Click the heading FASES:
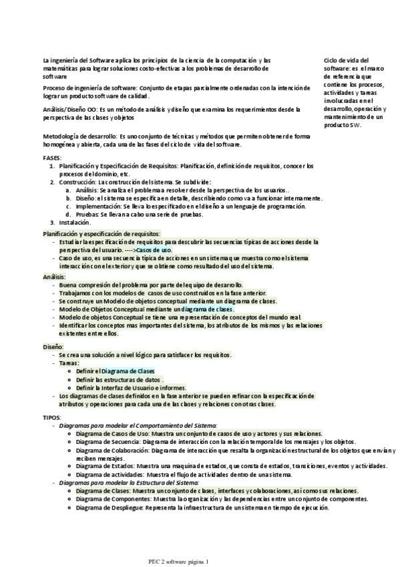[x=51, y=157]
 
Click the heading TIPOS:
[x=51, y=417]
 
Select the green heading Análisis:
[x=54, y=276]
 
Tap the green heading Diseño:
[x=53, y=347]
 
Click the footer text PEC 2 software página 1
[x=179, y=562]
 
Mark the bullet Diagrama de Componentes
[x=111, y=499]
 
